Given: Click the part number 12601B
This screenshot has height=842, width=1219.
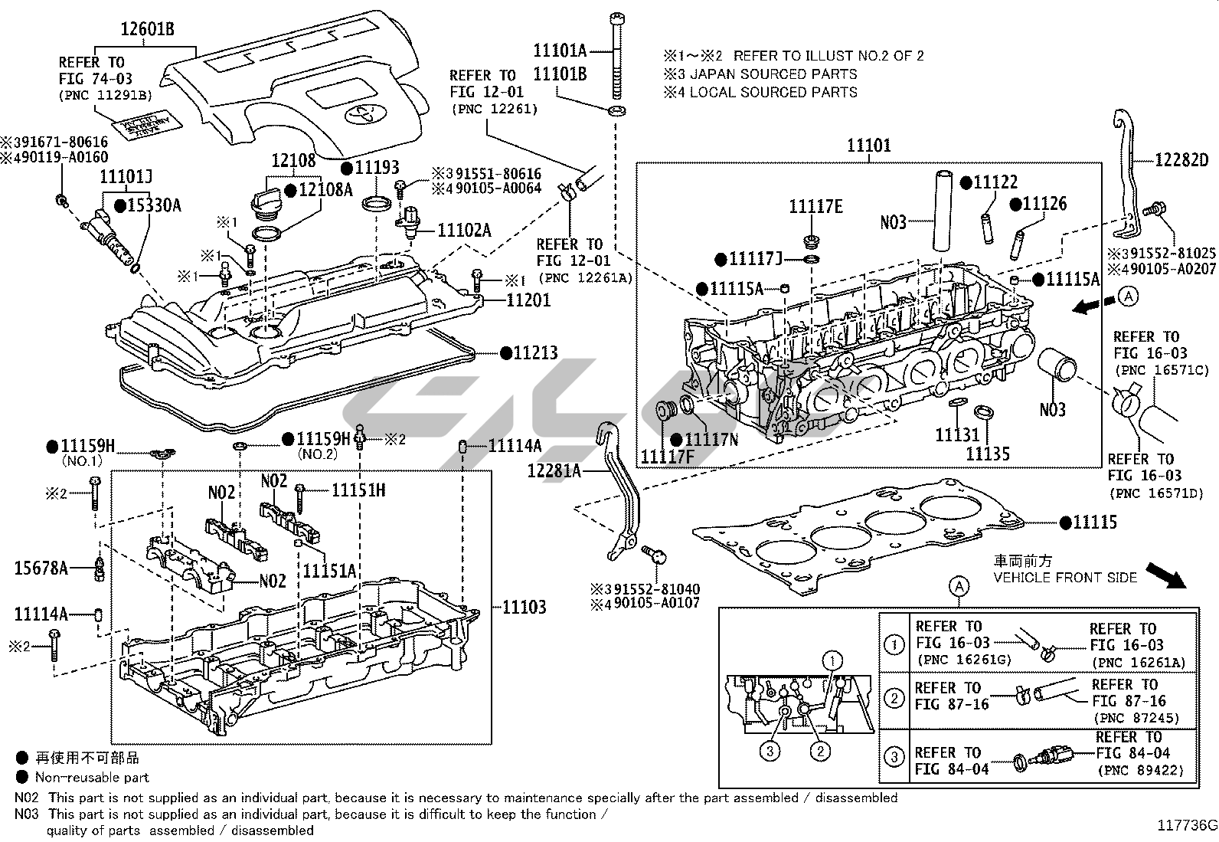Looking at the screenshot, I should coord(147,30).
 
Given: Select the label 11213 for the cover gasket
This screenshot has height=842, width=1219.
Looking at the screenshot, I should coord(535,353).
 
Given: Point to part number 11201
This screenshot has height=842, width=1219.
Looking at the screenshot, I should coord(528,300).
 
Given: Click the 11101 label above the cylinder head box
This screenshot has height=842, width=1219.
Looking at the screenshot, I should coord(868,146).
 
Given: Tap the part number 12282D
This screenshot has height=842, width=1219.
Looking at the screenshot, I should coord(1181,160).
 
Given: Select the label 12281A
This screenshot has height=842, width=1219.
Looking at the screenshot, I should coord(554,470).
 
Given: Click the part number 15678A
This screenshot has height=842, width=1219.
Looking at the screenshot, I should coord(41,568).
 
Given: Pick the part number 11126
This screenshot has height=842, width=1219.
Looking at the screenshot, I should coord(1044,204).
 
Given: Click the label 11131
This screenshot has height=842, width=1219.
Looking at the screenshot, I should coord(957,435).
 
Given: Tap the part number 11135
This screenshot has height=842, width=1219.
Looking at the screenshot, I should coord(987,454).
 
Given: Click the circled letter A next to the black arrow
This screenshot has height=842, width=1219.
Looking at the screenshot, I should coord(1128,296).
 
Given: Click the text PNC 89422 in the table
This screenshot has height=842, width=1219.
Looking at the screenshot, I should coord(1140,770).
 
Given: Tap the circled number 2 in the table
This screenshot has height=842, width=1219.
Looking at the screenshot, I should coord(894,698).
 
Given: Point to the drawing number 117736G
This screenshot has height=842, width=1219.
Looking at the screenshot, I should coord(1186,825).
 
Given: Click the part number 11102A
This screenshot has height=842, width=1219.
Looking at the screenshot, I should coord(464,230).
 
